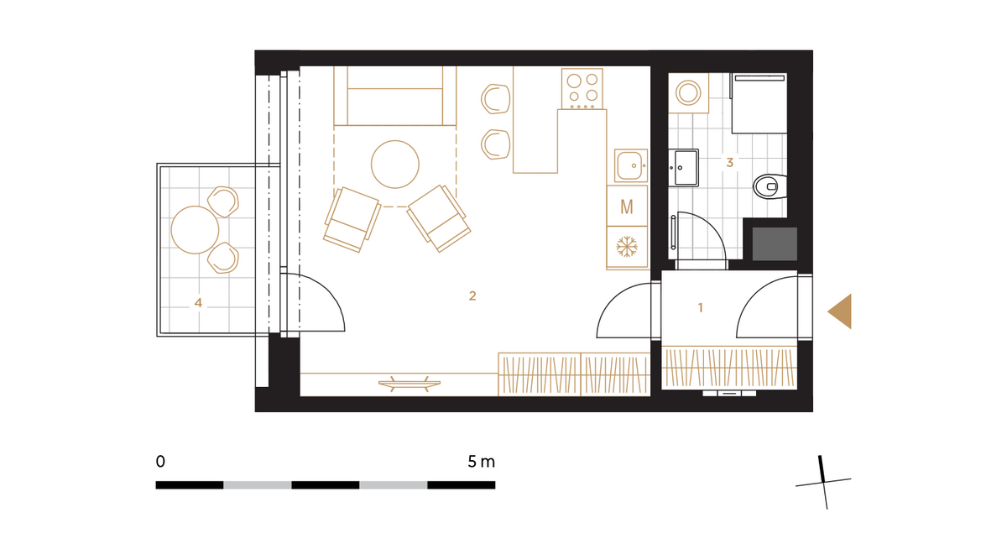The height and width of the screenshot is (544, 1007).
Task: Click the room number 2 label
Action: pyautogui.click(x=472, y=296)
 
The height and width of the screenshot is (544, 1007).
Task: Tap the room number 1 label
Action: pyautogui.click(x=700, y=307)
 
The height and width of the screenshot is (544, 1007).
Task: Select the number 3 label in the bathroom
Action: pyautogui.click(x=729, y=162)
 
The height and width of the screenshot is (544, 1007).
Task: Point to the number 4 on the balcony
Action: pyautogui.click(x=198, y=303)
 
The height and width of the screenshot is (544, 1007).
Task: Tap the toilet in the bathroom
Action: pyautogui.click(x=770, y=186)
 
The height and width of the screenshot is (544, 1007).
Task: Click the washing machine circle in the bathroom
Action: pyautogui.click(x=688, y=93)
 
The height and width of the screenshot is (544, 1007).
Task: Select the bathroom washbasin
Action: pyautogui.click(x=684, y=167)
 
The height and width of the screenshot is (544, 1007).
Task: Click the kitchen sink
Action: pyautogui.click(x=631, y=165)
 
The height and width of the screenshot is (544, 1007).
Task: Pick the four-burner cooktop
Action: pyautogui.click(x=582, y=89)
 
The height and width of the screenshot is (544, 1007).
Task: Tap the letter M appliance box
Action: pyautogui.click(x=627, y=207)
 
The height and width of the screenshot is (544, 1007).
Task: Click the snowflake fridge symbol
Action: pyautogui.click(x=627, y=247)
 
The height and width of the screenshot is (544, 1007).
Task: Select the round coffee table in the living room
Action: pyautogui.click(x=395, y=164)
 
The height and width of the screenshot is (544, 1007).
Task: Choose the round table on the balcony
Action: pyautogui.click(x=195, y=230)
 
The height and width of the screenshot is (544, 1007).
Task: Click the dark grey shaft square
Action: pyautogui.click(x=775, y=243)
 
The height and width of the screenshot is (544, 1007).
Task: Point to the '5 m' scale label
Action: pyautogui.click(x=481, y=461)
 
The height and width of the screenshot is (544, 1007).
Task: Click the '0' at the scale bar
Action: pyautogui.click(x=160, y=461)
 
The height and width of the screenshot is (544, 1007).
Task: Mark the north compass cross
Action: pyautogui.click(x=823, y=483)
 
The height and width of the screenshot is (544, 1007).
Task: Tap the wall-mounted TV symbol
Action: pyautogui.click(x=410, y=384)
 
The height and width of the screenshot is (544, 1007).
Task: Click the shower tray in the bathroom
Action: pyautogui.click(x=759, y=103)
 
